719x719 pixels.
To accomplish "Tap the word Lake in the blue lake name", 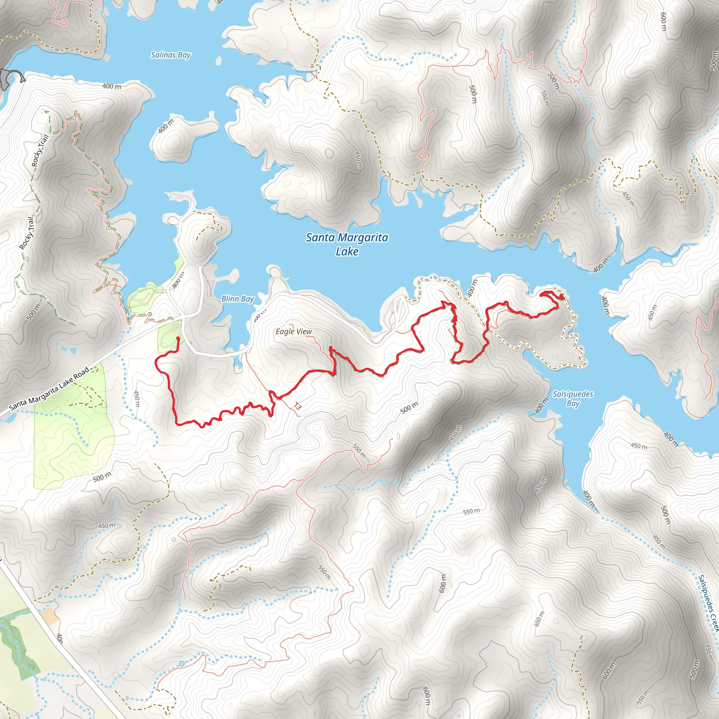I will pyautogui.click(x=347, y=252).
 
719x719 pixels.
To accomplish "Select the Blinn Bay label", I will pyautogui.click(x=237, y=299).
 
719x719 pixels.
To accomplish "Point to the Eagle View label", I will pyautogui.click(x=293, y=331).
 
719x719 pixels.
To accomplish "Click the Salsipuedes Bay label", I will pyautogui.click(x=573, y=398).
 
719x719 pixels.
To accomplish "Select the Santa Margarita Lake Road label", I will pyautogui.click(x=49, y=389).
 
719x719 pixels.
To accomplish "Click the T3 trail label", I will pyautogui.click(x=297, y=406).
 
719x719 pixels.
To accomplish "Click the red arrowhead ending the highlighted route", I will pyautogui.click(x=560, y=297).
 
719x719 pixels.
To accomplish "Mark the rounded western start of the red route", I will pyautogui.click(x=178, y=338).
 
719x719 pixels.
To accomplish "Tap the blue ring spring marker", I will pyautogui.click(x=182, y=664).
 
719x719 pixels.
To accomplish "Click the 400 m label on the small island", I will pyautogui.click(x=166, y=126).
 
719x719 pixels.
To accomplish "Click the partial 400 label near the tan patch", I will pyautogui.click(x=60, y=639).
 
